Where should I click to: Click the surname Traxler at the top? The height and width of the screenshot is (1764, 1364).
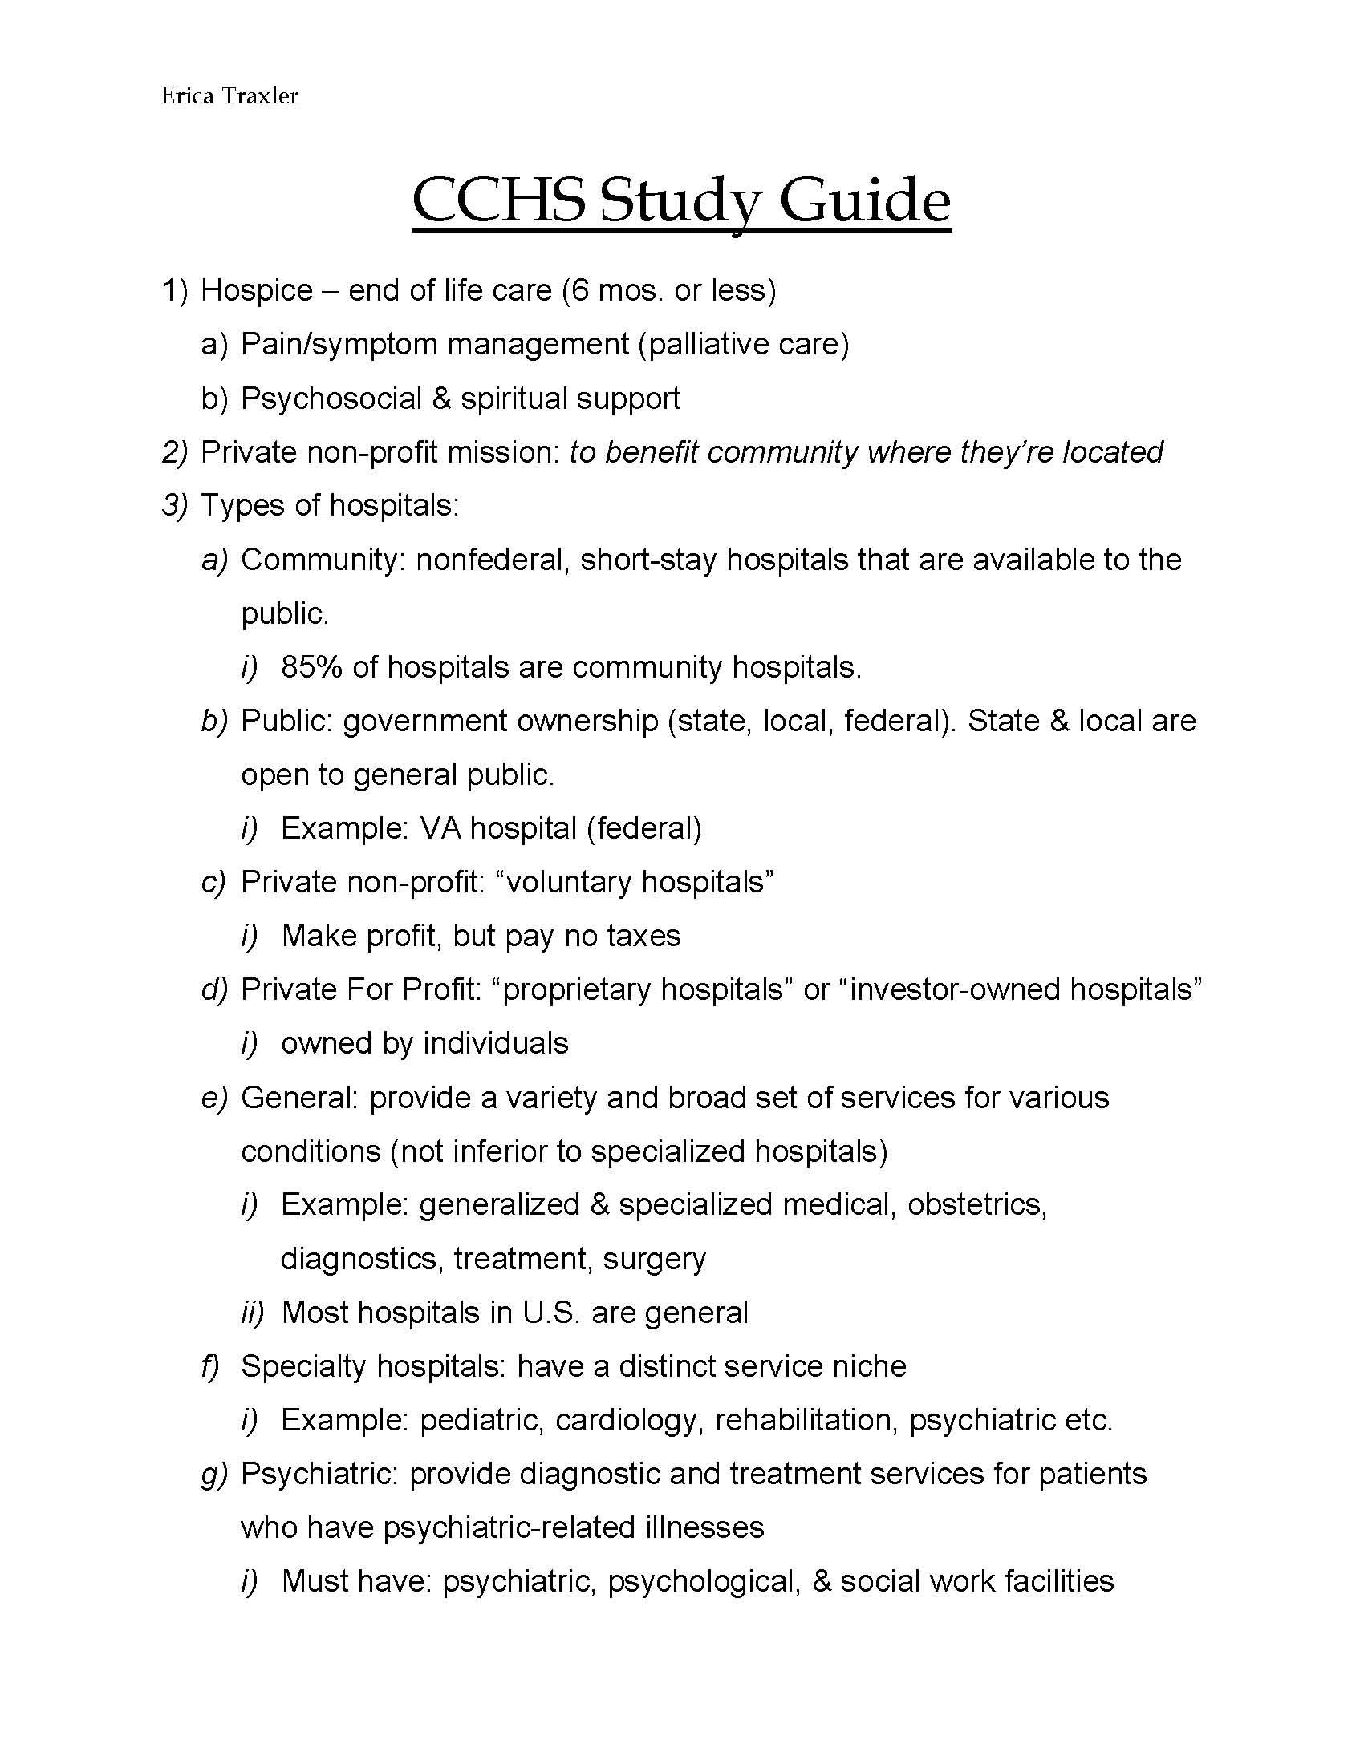point(256,96)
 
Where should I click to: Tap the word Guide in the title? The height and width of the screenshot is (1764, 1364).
point(864,202)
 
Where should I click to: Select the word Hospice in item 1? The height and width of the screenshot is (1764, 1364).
point(256,290)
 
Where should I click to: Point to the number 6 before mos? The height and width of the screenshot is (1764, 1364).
point(579,290)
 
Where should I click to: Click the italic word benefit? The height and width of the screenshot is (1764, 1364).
point(651,452)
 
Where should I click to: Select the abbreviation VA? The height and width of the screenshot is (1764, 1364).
point(440,829)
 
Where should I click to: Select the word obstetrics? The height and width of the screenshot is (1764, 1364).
point(976,1205)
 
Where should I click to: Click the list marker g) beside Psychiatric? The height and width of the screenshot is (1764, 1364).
point(214,1475)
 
